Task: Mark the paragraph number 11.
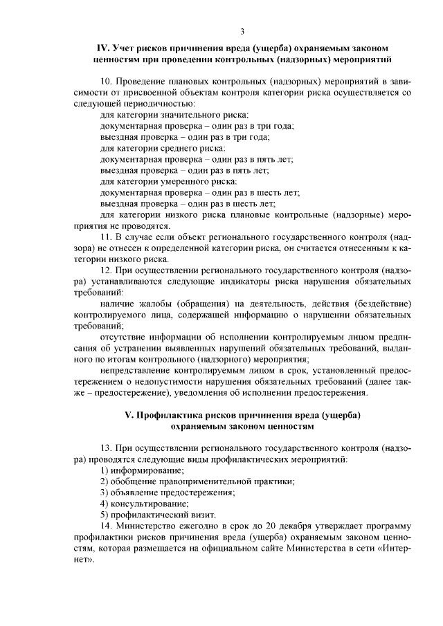(106, 237)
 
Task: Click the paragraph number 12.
(106, 270)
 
